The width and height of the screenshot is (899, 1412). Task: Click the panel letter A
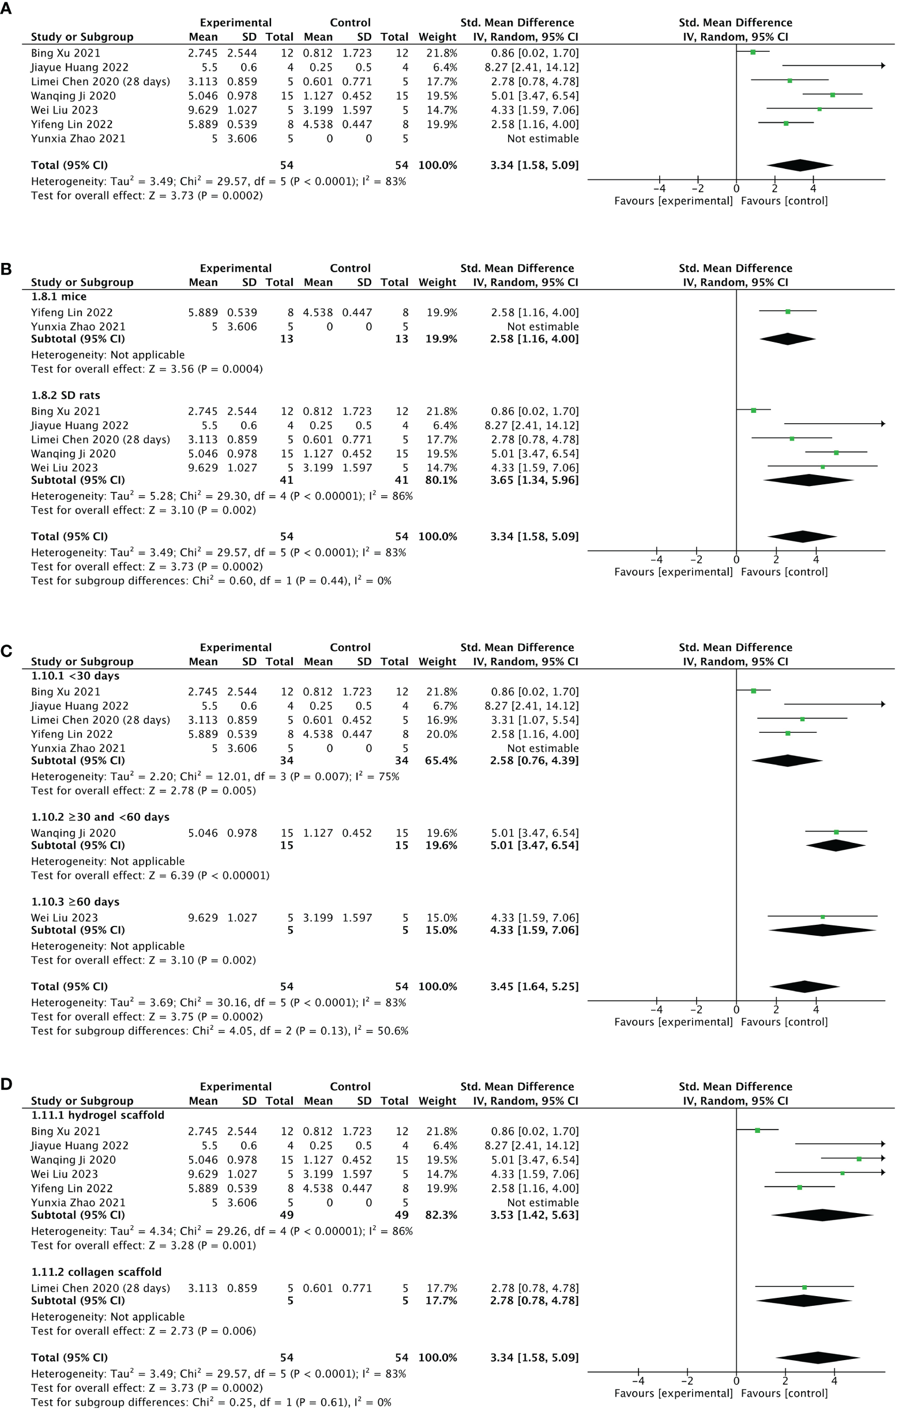pos(6,8)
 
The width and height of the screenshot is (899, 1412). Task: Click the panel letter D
pos(6,1084)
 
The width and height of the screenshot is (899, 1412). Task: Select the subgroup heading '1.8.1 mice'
pos(59,297)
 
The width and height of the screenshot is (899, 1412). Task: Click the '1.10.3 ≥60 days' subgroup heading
pos(75,902)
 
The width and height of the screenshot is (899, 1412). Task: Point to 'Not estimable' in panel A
pos(543,139)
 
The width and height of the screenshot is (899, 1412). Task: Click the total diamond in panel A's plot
pos(799,165)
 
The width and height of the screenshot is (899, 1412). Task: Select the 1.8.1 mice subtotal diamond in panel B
pos(787,339)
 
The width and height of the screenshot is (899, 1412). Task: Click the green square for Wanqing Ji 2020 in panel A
pos(832,95)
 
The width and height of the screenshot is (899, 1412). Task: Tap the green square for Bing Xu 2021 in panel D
pos(757,1130)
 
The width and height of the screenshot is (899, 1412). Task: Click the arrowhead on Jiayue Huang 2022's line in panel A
pos(882,66)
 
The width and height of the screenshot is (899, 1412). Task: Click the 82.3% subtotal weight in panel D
pos(441,1215)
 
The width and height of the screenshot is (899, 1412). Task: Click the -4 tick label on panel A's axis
pos(659,189)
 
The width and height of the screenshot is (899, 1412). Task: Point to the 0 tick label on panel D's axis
pos(736,1381)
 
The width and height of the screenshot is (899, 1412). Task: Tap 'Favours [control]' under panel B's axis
pos(784,572)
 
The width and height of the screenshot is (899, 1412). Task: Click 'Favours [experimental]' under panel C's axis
pos(673,1022)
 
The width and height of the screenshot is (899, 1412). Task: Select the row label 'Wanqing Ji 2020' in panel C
pos(73,833)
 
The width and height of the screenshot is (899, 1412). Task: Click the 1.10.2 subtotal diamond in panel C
pos(836,846)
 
